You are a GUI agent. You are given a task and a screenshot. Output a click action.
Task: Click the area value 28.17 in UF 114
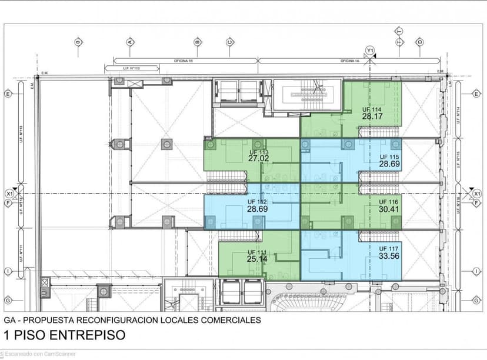372,116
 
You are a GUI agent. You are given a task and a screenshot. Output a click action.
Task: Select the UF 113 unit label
259,152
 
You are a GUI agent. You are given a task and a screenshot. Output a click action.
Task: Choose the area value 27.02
259,158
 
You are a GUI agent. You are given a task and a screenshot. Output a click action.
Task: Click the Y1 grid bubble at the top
370,50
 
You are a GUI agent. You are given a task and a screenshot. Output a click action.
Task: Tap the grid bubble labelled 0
78,42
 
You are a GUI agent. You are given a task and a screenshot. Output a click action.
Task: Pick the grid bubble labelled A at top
129,42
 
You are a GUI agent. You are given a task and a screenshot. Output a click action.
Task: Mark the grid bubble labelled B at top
198,42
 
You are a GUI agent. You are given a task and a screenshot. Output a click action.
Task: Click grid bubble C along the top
230,42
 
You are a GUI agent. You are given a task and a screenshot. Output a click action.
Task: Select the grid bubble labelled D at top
419,42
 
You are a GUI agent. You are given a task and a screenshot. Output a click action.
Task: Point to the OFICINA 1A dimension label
349,61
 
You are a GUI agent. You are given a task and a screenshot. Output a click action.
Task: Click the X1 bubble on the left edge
9,193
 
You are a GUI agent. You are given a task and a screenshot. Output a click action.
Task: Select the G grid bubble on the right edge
476,300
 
